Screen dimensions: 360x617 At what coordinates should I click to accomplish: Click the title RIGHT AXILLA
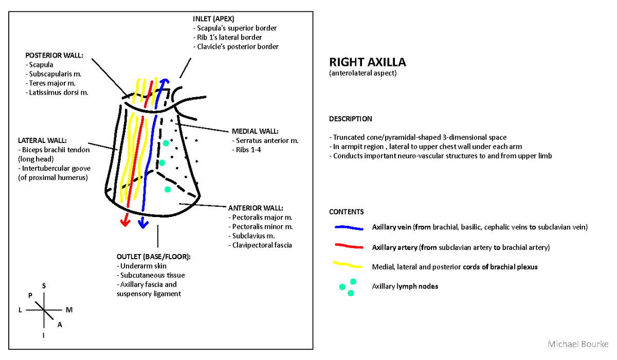[x=367, y=63]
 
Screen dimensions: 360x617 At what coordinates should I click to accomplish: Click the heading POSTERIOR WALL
[x=53, y=56]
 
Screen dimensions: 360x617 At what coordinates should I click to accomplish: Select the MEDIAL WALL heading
[x=255, y=131]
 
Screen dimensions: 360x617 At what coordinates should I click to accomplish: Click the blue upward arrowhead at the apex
[x=164, y=81]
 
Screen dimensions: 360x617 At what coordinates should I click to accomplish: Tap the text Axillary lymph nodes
[x=405, y=286]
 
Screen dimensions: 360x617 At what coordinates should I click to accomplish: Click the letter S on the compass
[x=44, y=286]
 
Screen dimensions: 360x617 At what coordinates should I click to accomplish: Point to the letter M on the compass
[x=69, y=310]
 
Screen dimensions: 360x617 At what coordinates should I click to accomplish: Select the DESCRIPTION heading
[x=350, y=119]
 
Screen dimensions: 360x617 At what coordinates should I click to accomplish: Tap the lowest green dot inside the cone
[x=167, y=189]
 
